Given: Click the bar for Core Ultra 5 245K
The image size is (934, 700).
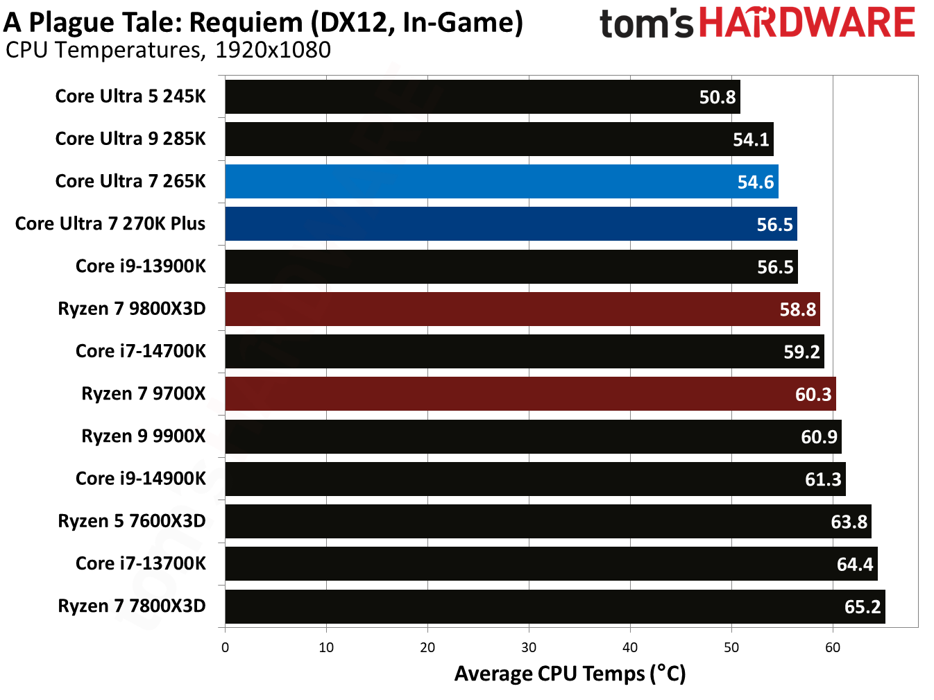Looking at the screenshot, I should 482,96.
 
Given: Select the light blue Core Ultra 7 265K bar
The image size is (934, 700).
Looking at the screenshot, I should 501,182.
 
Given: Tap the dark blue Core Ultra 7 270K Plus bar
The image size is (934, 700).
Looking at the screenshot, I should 511,224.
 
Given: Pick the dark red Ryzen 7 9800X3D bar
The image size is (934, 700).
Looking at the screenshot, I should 522,309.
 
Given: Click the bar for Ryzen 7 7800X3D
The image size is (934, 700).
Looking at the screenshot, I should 554,606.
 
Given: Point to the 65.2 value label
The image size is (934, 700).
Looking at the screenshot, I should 863,607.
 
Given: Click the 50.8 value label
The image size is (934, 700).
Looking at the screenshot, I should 717,97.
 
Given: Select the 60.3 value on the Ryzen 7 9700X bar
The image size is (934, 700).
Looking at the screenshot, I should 813,395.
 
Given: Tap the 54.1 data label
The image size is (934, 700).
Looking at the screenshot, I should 751,139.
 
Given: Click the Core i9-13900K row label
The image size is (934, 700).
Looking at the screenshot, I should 141,266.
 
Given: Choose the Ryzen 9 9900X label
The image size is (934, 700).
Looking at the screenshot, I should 144,436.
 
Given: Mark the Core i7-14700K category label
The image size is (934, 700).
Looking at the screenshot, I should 141,351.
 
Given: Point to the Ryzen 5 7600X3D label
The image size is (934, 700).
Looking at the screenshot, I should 132,521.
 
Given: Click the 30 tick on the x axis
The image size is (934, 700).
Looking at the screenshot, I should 529,647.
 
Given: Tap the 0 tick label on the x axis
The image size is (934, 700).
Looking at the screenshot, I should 225,647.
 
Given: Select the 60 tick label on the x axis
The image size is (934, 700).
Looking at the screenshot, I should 833,647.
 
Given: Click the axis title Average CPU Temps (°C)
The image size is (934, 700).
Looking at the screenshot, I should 570,674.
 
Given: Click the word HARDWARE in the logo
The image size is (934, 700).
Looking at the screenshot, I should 807,23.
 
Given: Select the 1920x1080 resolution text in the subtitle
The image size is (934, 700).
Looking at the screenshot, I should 273,50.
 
